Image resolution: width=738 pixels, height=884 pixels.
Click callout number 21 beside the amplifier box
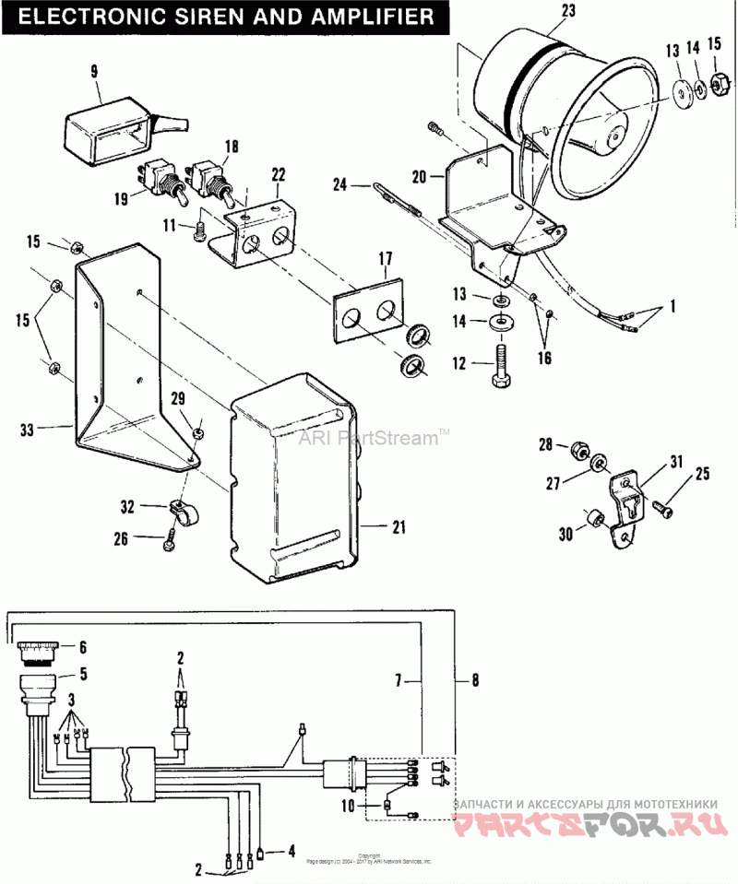tap(399, 527)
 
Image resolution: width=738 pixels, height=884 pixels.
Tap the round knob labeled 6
tap(37, 649)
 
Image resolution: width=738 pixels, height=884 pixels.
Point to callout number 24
tap(339, 184)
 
